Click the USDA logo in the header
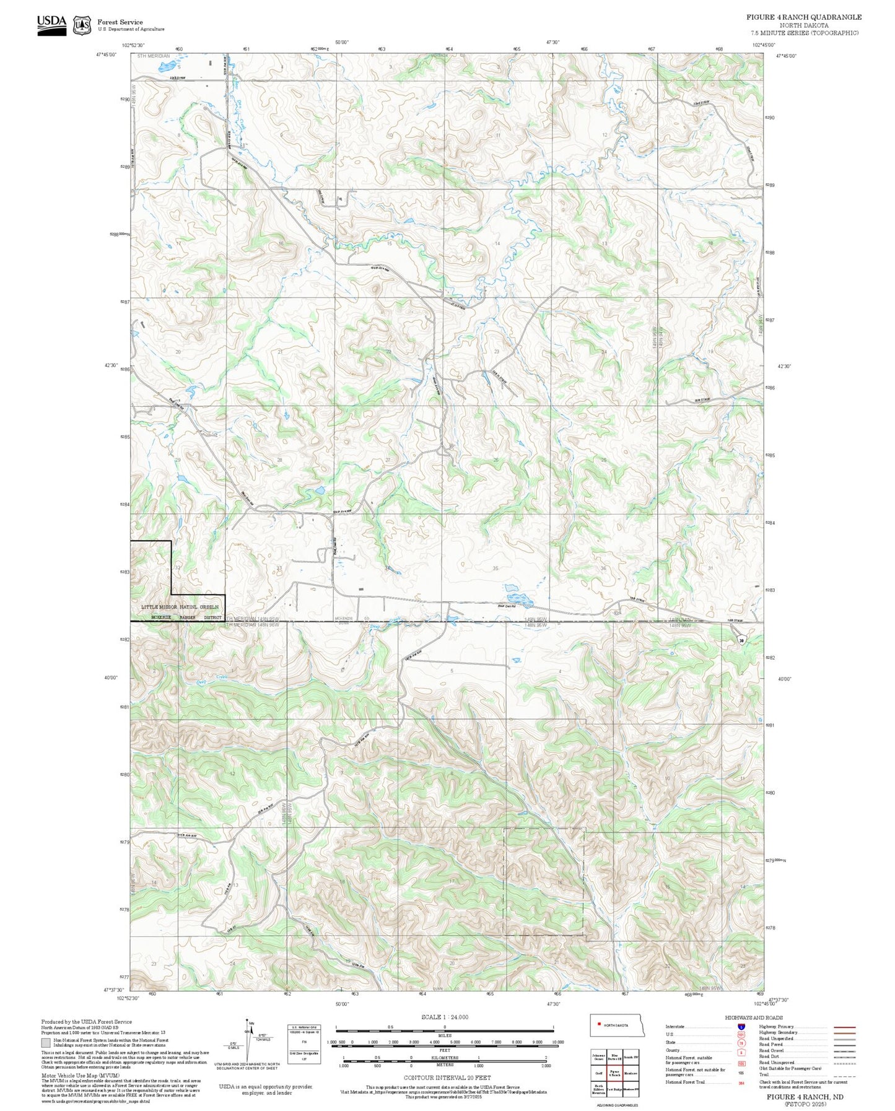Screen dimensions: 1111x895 [51, 24]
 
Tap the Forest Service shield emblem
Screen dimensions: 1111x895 [82, 25]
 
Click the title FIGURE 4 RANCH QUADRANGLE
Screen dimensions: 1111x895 [803, 17]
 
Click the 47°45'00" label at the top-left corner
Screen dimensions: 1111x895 [107, 54]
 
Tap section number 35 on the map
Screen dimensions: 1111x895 [495, 568]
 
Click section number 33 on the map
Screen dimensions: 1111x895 [279, 568]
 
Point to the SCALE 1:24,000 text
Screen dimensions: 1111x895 [444, 1017]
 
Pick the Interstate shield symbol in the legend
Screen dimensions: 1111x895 [741, 1026]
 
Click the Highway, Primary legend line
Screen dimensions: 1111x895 [845, 1026]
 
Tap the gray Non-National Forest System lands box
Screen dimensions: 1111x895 [46, 1042]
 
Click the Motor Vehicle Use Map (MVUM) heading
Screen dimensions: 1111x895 [71, 1076]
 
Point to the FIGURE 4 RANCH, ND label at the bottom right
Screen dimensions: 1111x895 [805, 1096]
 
